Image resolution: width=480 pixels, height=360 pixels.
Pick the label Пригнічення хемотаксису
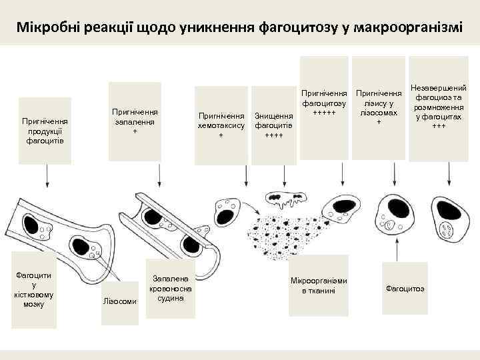coord(221,125)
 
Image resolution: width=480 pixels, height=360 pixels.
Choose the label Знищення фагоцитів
coord(274,125)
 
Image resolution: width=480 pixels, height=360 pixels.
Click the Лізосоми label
coord(120,302)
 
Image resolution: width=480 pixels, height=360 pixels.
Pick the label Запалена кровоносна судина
coord(171,288)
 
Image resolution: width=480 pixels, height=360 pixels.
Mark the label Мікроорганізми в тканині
coord(319,285)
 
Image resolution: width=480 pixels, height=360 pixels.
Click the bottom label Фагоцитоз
coord(406,288)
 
